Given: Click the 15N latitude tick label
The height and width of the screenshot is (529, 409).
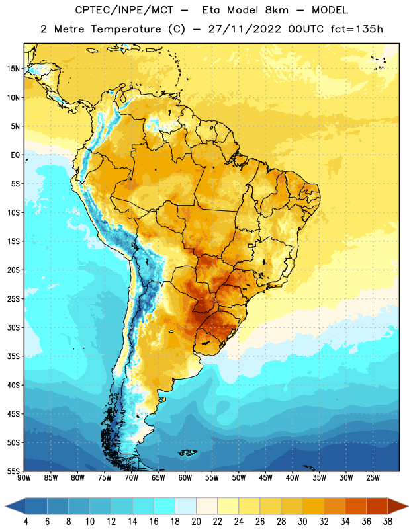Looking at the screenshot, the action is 13,69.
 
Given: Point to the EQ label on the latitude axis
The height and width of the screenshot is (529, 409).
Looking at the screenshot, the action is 15,155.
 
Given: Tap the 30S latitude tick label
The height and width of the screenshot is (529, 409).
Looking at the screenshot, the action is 13,327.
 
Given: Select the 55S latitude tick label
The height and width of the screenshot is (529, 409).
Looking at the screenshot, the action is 13,471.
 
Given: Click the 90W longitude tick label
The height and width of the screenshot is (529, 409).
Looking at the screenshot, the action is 24,478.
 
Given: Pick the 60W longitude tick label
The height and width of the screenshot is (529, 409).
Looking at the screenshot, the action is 185,478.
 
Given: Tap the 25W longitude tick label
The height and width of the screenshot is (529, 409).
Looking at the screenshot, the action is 373,478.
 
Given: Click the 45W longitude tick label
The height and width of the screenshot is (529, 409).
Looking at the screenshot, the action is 265,478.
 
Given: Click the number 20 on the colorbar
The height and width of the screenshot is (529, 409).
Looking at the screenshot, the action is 196,522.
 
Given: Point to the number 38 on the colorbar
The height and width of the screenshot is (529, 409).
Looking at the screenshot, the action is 388,522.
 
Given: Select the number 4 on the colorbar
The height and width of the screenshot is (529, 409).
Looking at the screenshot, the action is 26,522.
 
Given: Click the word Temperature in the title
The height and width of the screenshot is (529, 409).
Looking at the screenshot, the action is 126,29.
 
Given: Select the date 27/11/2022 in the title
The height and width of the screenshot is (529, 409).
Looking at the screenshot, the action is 244,29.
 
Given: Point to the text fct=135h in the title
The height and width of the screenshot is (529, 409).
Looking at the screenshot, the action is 356,29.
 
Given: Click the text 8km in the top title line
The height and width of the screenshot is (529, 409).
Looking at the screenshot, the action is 277,10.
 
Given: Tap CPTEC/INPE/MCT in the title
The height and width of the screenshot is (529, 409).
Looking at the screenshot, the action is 124,11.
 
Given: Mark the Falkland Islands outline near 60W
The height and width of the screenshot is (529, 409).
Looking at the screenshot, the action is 188,452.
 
